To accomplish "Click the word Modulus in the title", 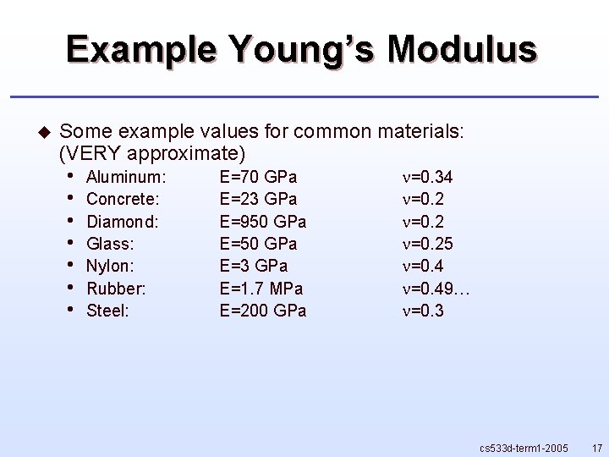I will coord(462,49).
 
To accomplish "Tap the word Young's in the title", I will coord(300,49).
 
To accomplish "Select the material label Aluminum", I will coord(126,177).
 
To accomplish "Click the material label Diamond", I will coord(123,222).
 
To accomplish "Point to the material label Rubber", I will coord(116,289).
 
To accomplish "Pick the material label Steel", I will coord(107,311).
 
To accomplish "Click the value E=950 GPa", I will coord(263,222).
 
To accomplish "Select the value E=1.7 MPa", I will coord(261,289).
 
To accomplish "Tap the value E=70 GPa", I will coord(258,177).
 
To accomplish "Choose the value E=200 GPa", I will coord(263,311).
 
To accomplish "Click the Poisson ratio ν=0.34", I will coord(427,177).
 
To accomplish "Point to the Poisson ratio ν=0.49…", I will coord(436,289).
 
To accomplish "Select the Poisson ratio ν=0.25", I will coord(427,244).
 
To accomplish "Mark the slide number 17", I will coord(597,447).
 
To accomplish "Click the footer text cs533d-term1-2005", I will coord(524,447).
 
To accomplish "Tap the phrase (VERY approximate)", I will coord(153,154).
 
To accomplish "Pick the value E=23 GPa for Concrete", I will coord(258,199).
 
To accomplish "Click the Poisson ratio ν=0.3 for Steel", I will coord(423,311).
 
